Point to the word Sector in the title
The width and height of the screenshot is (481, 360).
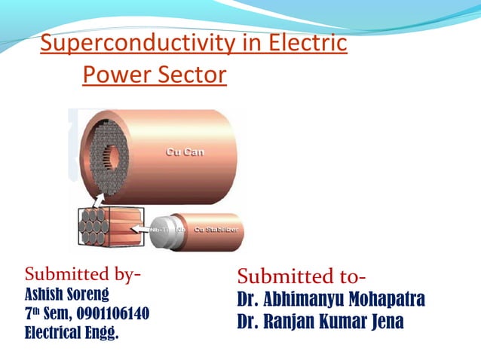[193, 75]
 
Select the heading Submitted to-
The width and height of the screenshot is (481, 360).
[302, 276]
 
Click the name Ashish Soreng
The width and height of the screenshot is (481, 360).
[67, 293]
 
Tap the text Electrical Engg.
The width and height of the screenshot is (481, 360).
[72, 331]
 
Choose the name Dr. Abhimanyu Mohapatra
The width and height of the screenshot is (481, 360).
[331, 299]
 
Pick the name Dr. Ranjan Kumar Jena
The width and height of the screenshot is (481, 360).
[320, 322]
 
